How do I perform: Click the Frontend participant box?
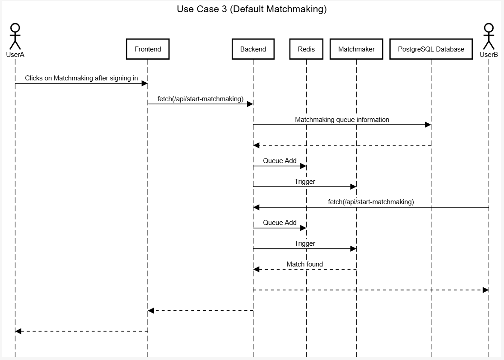click(x=148, y=49)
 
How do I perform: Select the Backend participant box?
click(x=253, y=49)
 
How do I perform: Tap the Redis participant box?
click(x=306, y=49)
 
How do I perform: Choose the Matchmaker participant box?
click(x=356, y=49)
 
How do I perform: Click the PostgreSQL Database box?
click(x=431, y=49)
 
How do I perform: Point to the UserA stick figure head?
click(x=15, y=28)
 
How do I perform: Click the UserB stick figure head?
click(x=489, y=28)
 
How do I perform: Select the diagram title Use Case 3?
click(x=252, y=9)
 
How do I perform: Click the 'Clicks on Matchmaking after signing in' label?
click(x=81, y=78)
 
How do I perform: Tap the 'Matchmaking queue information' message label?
click(x=342, y=120)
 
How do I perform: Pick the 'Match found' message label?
click(x=304, y=264)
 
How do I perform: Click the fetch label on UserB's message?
click(x=371, y=202)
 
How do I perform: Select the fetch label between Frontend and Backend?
click(x=200, y=99)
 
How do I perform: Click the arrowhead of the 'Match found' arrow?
click(x=257, y=269)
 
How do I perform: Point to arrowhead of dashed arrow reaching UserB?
click(x=485, y=290)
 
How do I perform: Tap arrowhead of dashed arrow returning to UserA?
click(x=19, y=331)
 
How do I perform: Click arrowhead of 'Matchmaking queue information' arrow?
click(x=428, y=125)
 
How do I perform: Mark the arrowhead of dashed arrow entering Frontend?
click(x=151, y=310)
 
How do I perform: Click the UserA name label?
click(x=15, y=55)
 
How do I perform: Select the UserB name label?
click(x=489, y=55)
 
